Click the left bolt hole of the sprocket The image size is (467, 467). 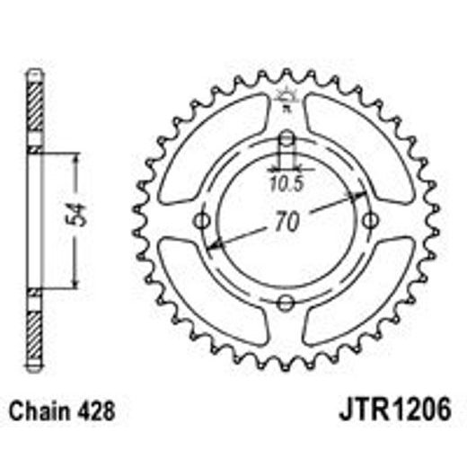click(202, 221)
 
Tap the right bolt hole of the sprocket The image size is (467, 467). click(370, 221)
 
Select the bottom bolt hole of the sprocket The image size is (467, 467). click(286, 303)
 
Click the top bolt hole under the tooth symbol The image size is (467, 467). click(286, 139)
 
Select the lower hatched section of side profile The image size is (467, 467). click(33, 323)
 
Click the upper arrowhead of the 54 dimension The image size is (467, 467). click(77, 158)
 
